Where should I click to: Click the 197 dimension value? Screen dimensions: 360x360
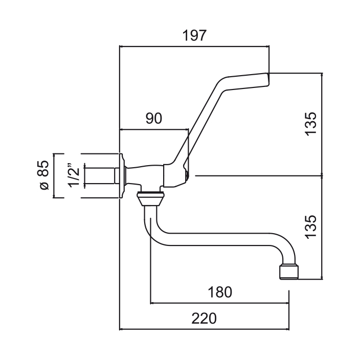(x=194, y=36)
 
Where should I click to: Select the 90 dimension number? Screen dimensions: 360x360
(x=153, y=119)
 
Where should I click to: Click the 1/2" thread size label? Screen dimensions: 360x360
(x=75, y=175)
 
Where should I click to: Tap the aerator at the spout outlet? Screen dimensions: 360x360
(x=288, y=271)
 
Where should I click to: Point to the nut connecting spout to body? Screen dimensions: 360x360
(x=149, y=197)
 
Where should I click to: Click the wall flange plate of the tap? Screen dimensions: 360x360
(x=122, y=175)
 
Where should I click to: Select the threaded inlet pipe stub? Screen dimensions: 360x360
(x=100, y=175)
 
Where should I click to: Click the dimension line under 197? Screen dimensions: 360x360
(x=194, y=47)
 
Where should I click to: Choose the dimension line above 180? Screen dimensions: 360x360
(x=220, y=303)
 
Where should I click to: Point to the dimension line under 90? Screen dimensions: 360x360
(x=153, y=129)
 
